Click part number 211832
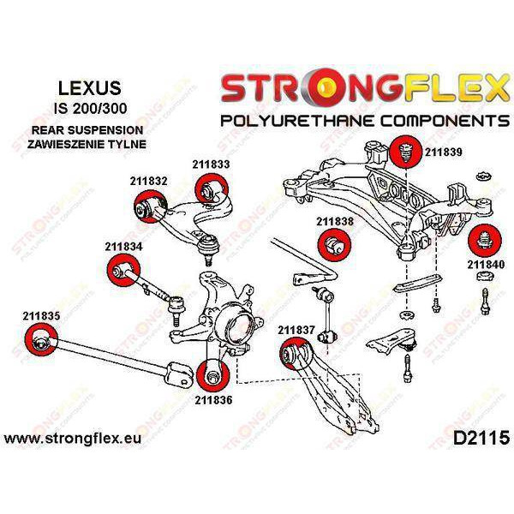148,181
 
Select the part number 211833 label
211,164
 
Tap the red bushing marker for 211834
123,270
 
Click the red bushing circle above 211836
213,376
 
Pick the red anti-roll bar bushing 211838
334,245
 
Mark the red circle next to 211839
406,152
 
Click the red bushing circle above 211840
485,240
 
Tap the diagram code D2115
481,439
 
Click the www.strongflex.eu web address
73,439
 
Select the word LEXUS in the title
90,88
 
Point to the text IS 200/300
90,109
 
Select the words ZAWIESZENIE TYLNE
87,144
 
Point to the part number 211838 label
335,222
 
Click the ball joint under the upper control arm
207,248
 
